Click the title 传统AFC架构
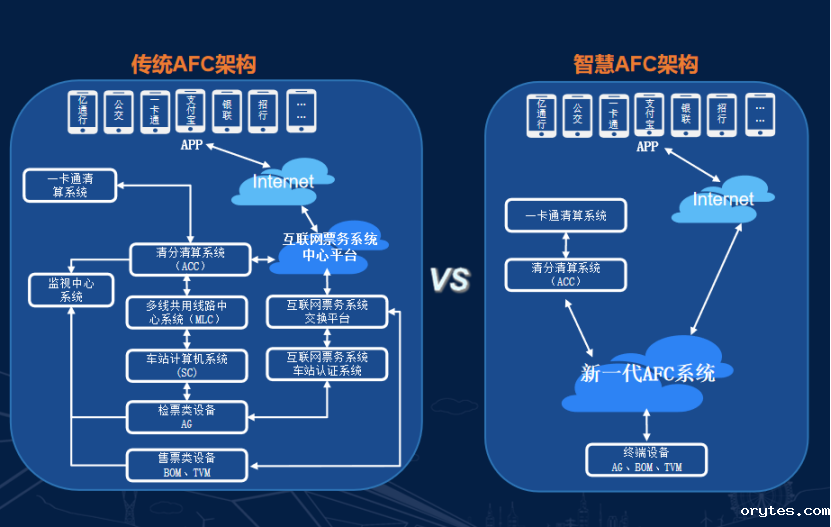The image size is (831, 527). point(193,64)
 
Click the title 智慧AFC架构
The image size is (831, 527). point(635,64)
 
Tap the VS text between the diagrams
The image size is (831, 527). point(450,281)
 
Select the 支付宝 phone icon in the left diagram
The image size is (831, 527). point(190,110)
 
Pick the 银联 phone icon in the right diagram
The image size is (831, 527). point(686,115)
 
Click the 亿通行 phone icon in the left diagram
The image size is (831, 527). point(83,111)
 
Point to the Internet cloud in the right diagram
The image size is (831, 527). point(722,199)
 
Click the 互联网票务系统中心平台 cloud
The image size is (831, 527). point(331,247)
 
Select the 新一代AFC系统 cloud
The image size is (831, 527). point(648,372)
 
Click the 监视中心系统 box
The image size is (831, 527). point(71,289)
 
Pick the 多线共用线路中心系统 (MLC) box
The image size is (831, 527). point(188,312)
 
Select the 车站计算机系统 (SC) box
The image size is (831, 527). point(188,365)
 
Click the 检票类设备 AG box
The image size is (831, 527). point(187,416)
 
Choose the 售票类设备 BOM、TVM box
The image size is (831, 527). point(187,463)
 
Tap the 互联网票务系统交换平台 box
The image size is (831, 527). point(327,311)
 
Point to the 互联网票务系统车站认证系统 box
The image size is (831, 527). point(327,363)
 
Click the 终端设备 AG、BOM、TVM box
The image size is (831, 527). point(646,459)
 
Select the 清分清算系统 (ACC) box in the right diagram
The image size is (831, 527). point(566,275)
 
